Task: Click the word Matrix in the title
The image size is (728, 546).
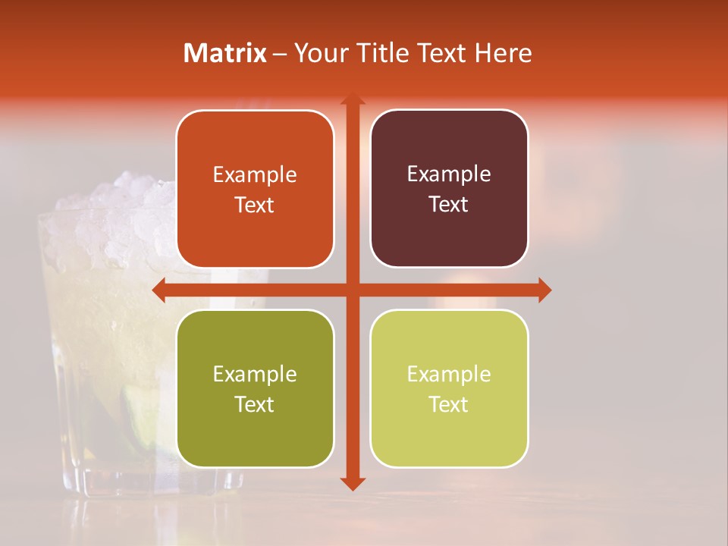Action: click(225, 53)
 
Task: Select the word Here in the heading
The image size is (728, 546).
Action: click(504, 53)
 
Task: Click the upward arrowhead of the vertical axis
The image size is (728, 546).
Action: click(352, 99)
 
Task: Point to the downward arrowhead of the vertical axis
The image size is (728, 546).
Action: click(352, 483)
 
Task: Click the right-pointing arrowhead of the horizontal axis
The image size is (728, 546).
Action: click(544, 290)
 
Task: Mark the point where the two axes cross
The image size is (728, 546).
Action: click(352, 290)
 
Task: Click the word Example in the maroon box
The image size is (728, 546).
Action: click(449, 174)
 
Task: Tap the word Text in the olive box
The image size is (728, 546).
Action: click(255, 404)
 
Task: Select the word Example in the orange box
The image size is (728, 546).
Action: click(255, 175)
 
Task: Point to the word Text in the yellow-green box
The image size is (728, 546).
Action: click(449, 404)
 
